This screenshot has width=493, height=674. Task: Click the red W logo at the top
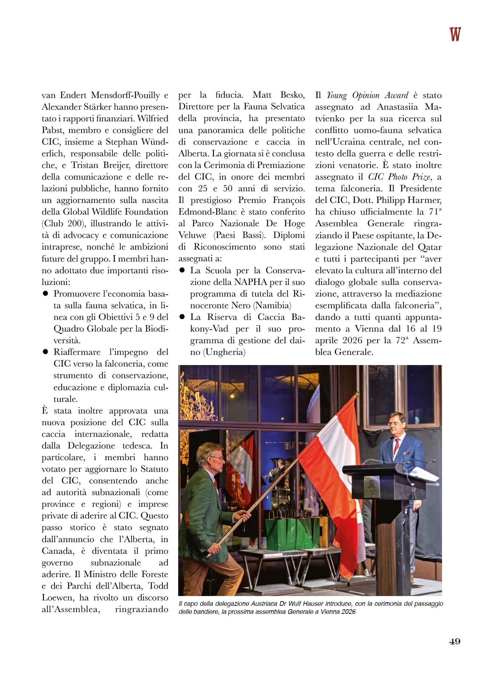pyautogui.click(x=455, y=34)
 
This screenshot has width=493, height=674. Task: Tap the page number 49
pyautogui.click(x=454, y=642)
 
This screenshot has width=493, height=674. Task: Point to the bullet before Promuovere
pyautogui.click(x=46, y=293)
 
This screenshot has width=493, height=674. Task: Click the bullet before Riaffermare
pyautogui.click(x=46, y=352)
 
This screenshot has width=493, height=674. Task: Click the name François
pyautogui.click(x=289, y=200)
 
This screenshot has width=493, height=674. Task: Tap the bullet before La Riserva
pyautogui.click(x=182, y=317)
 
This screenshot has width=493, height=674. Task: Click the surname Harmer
pyautogui.click(x=424, y=200)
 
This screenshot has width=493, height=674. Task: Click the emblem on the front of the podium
pyautogui.click(x=371, y=485)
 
